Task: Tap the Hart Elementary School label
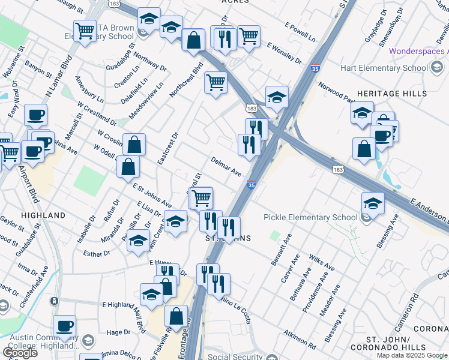[384, 68]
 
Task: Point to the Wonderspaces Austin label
[418, 51]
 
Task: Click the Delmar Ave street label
[226, 166]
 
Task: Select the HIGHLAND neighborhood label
[43, 215]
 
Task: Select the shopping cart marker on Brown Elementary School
[85, 30]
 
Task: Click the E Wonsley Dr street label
[285, 53]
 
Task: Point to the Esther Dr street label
[97, 254]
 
